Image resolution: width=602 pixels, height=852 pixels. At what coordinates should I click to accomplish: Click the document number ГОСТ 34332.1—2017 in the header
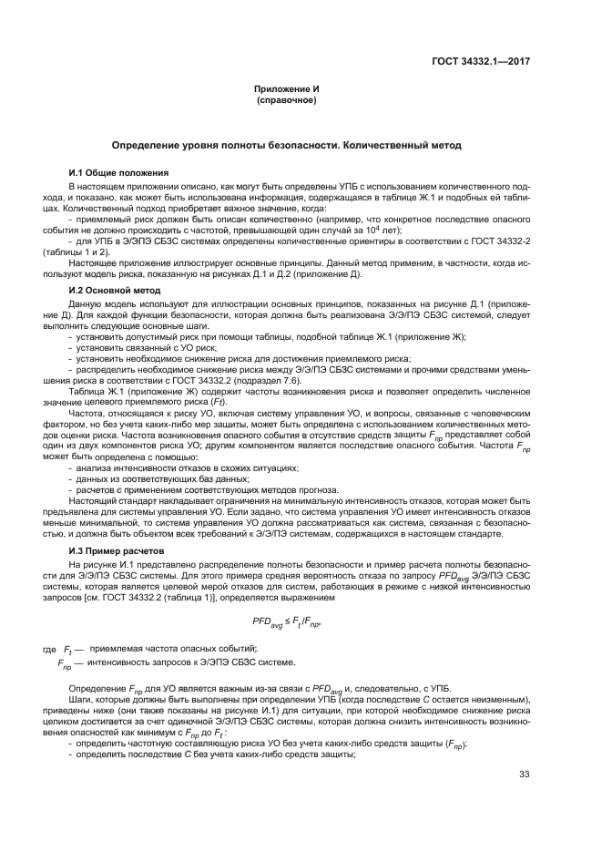coord(481,61)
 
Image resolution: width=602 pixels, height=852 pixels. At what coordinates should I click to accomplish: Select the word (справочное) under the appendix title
coord(286,100)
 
